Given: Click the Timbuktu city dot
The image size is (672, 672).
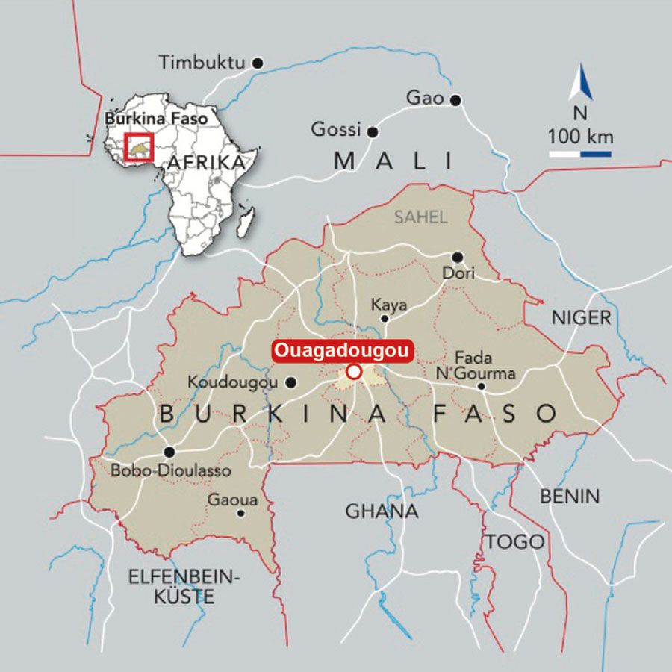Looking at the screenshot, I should click(x=258, y=63).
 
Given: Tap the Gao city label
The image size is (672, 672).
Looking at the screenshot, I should click(x=424, y=98).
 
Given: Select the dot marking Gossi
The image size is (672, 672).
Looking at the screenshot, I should click(x=373, y=132).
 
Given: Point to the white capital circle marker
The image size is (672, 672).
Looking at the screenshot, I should click(x=355, y=371).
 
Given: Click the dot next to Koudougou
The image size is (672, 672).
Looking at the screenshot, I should click(x=291, y=382).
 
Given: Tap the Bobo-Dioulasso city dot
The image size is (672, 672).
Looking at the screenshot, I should click(x=169, y=452).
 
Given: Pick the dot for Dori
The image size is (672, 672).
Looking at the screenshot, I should click(x=458, y=257).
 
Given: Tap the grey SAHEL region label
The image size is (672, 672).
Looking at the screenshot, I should click(x=421, y=217).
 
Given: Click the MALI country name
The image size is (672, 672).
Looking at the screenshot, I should click(x=393, y=161).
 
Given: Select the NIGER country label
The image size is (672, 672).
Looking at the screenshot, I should click(x=581, y=317).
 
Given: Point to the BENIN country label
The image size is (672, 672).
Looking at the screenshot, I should click(x=569, y=496).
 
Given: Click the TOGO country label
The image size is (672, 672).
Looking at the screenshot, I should click(x=515, y=541).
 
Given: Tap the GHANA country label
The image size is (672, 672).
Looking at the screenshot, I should click(x=382, y=511).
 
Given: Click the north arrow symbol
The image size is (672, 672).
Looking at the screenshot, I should click(x=581, y=84).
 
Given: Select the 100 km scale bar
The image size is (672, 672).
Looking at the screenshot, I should click(x=581, y=154).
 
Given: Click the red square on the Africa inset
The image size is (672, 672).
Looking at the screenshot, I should click(x=139, y=146).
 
